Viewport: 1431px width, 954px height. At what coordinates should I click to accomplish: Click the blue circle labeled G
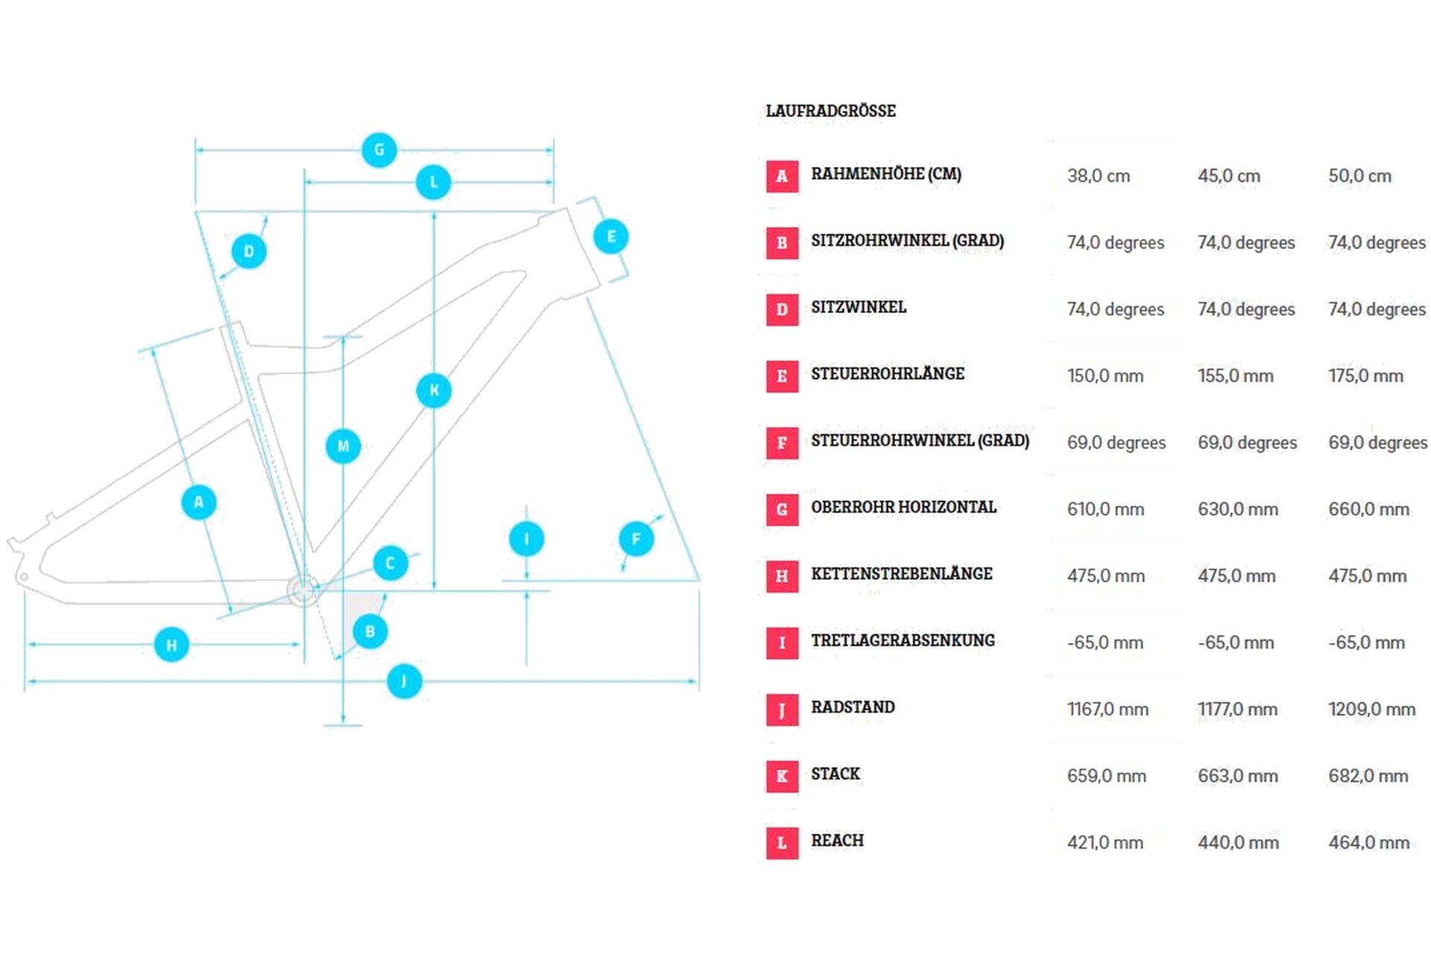(379, 150)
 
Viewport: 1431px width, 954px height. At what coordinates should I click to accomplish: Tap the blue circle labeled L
(433, 182)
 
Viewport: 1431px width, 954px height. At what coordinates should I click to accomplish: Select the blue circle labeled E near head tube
(610, 237)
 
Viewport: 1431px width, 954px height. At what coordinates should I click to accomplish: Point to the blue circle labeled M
(343, 446)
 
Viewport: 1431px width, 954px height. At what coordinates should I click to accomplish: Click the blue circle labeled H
(171, 645)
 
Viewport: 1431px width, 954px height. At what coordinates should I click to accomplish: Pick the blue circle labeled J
(404, 681)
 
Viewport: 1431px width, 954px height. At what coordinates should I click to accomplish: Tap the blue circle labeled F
(636, 539)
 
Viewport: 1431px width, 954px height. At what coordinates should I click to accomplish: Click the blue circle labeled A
(198, 502)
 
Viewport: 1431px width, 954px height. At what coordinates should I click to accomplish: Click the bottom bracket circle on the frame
(303, 590)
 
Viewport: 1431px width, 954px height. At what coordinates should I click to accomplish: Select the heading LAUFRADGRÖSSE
(830, 111)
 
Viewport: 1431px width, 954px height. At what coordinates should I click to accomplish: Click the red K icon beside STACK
(782, 776)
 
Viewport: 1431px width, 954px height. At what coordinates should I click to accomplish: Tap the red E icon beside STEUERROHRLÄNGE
(782, 376)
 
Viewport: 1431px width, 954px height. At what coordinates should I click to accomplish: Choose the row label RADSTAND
(853, 707)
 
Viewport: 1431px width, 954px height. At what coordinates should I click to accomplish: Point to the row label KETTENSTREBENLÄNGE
(901, 573)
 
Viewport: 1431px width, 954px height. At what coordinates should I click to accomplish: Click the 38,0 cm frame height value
(1098, 176)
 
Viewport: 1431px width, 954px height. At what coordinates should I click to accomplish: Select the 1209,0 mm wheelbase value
(1371, 709)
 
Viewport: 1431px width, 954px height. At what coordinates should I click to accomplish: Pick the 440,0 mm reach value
(1238, 842)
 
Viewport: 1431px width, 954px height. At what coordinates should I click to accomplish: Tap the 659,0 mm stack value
(1106, 776)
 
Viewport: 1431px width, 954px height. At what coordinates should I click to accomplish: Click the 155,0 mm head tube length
(1235, 376)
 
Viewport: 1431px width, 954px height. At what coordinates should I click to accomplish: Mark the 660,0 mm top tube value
(1368, 509)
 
